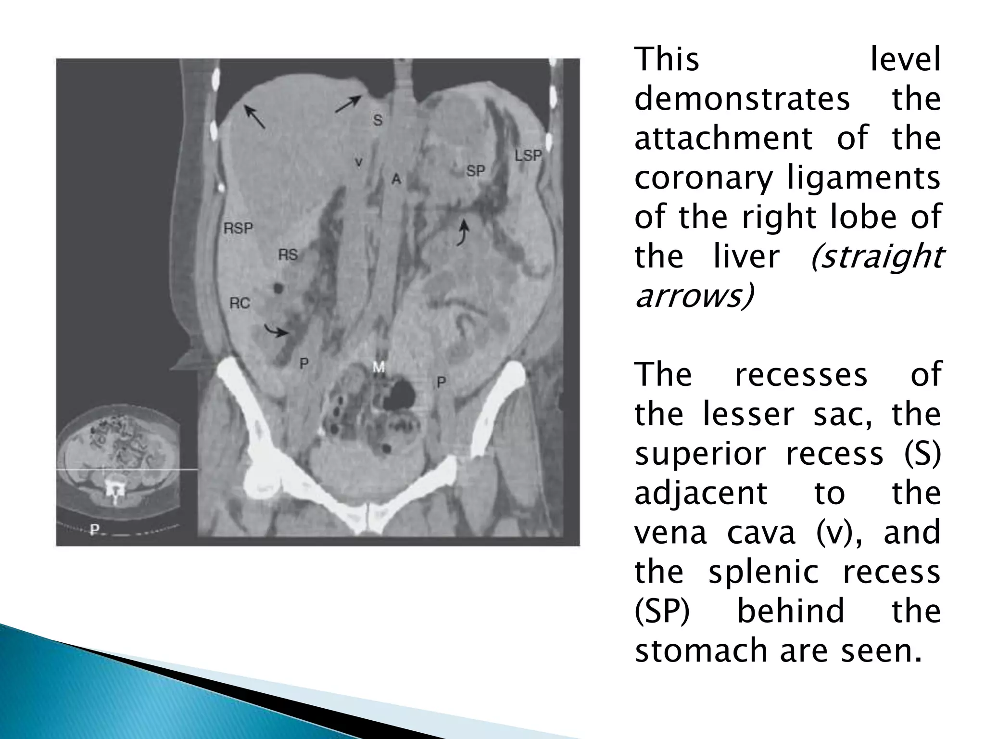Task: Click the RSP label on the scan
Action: click(238, 228)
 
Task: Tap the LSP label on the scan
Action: click(528, 156)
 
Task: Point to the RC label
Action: click(240, 303)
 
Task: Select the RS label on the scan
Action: click(288, 255)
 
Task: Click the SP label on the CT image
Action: click(475, 171)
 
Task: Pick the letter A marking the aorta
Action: click(396, 179)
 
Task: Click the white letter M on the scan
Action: click(379, 368)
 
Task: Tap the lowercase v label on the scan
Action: click(358, 163)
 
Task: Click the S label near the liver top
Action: click(378, 120)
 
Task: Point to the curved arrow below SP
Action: click(463, 233)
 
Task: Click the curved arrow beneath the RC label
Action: click(276, 331)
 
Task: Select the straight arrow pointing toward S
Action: click(348, 104)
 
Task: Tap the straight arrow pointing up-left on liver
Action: click(254, 117)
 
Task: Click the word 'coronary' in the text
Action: click(703, 178)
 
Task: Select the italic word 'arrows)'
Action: click(694, 296)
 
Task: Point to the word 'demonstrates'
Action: click(742, 100)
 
